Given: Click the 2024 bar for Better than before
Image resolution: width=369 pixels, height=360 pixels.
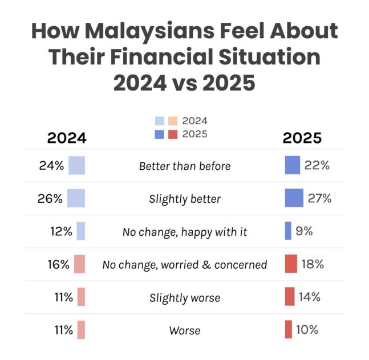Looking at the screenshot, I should point(76,165).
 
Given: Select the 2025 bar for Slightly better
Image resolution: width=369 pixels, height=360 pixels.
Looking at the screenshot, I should point(294,198).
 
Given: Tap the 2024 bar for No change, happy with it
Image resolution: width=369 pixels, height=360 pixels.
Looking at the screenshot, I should point(80,231).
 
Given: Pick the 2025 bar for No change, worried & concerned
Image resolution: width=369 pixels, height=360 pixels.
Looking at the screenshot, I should point(291,264).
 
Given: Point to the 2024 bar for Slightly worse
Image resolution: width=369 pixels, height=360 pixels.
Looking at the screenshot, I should point(81,297).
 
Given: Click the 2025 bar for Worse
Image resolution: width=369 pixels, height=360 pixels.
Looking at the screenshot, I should point(289,329).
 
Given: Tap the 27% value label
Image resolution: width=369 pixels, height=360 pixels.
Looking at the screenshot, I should point(320,198).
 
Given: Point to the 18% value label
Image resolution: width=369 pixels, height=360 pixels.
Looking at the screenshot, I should point(313,264).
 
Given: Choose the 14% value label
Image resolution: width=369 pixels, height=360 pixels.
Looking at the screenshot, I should point(310,297).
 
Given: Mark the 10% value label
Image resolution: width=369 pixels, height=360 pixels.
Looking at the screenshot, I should point(307,329).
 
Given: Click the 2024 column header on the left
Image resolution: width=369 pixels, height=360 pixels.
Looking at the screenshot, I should point(66,138).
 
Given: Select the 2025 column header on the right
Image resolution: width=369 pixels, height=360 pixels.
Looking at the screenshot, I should point(302,138).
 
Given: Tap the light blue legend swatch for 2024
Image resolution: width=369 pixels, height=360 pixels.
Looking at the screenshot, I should point(160,121).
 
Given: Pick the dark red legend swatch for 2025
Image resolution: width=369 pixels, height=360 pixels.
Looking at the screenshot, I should point(173,134).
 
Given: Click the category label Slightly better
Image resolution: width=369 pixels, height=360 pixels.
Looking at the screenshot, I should point(185,199).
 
